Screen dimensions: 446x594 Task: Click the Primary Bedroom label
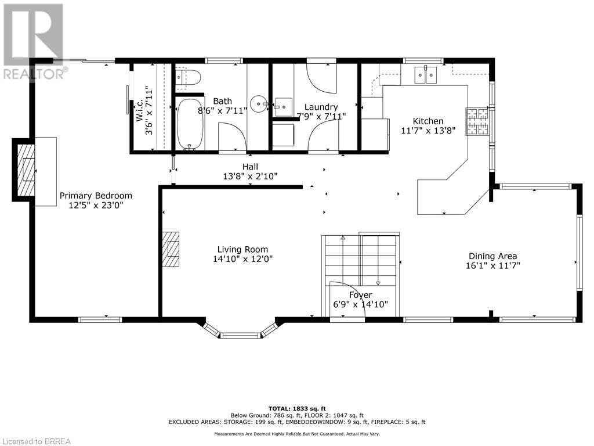point(96,196)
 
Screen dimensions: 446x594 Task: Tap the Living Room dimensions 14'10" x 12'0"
point(242,259)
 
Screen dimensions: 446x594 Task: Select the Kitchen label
point(428,121)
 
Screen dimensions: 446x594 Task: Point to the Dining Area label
point(492,256)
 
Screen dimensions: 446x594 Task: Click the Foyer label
point(360,295)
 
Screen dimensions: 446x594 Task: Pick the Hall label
point(250,167)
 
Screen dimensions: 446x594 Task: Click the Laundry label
point(321,107)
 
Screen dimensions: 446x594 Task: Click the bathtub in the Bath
point(190,124)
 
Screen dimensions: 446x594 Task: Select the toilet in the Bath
point(189,77)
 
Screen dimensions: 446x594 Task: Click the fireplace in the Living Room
point(171,249)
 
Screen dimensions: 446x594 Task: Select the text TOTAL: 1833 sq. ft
point(297,408)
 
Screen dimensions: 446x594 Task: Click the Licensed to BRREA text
point(36,441)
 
